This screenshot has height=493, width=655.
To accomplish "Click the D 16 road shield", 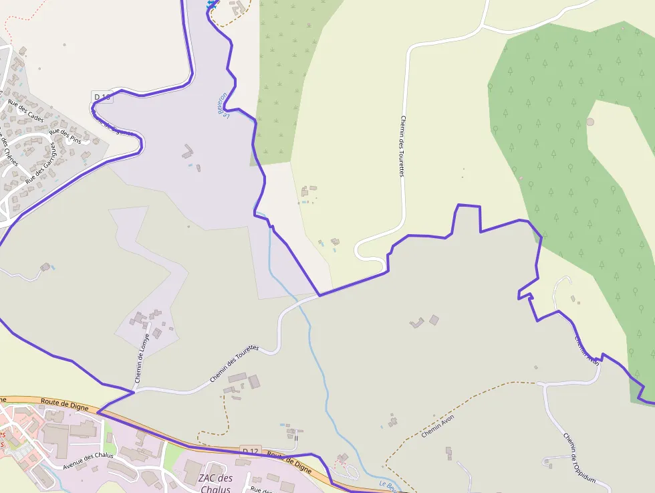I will click(102, 97).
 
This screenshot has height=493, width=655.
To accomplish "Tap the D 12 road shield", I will click(250, 452).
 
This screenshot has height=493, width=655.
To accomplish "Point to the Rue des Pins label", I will click(65, 136).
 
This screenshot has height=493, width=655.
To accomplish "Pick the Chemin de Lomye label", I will click(140, 359).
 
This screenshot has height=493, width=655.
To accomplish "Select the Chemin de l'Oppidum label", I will click(579, 458).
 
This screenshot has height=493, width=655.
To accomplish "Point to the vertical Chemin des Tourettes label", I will click(402, 146).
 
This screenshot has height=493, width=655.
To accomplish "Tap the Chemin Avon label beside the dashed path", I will click(438, 425).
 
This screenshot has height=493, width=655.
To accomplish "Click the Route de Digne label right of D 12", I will click(289, 462).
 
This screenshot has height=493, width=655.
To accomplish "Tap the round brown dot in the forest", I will click(590, 122).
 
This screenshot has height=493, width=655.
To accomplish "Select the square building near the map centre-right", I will click(434, 320).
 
